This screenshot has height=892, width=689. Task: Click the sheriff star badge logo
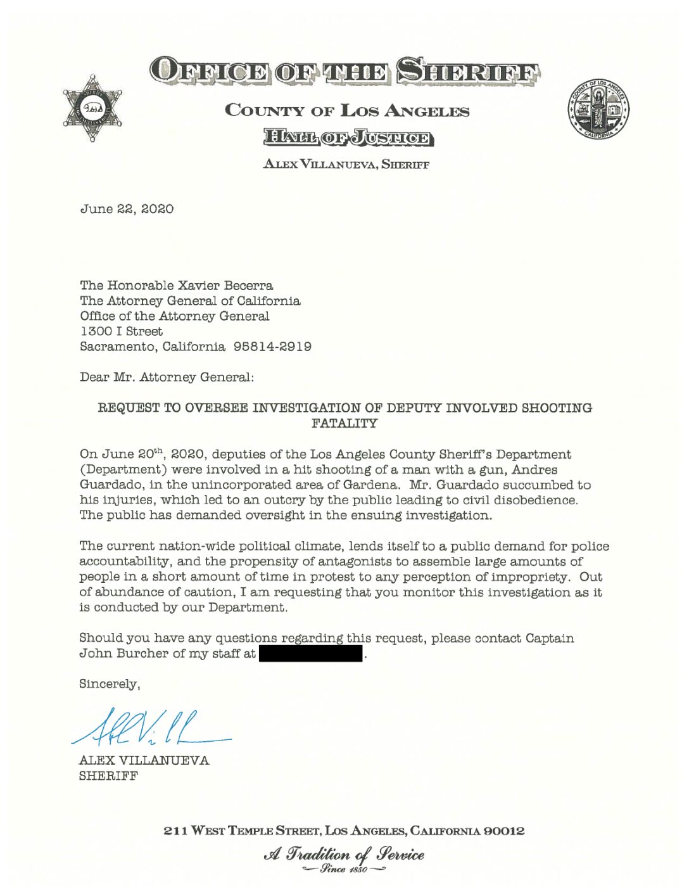pyautogui.click(x=92, y=108)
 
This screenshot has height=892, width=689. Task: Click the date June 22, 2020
pyautogui.click(x=127, y=209)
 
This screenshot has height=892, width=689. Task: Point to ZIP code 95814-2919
pyautogui.click(x=272, y=347)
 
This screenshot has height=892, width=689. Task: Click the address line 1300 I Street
pyautogui.click(x=121, y=331)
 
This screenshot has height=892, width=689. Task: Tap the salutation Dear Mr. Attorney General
pyautogui.click(x=167, y=377)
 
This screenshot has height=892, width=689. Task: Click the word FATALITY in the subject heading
pyautogui.click(x=344, y=423)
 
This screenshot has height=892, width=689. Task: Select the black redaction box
pyautogui.click(x=310, y=653)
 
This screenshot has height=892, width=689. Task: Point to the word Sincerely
pyautogui.click(x=109, y=684)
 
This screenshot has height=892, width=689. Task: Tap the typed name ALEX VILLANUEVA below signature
pyautogui.click(x=144, y=760)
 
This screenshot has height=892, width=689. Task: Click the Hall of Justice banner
pyautogui.click(x=348, y=137)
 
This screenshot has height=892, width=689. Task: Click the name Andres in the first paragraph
pyautogui.click(x=535, y=469)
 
